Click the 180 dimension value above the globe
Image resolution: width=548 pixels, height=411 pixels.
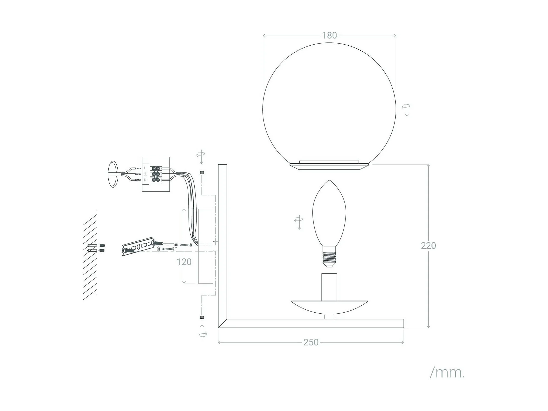[x=329, y=35]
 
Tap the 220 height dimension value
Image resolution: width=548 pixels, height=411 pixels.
[x=428, y=246]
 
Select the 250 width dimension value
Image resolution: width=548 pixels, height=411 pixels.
[x=311, y=342]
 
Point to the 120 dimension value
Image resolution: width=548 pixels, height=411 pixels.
[x=184, y=262]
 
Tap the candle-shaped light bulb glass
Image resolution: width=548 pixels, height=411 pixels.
[x=329, y=213]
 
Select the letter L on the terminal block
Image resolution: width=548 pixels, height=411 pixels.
[x=145, y=168]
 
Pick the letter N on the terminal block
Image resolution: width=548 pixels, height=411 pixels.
[x=145, y=180]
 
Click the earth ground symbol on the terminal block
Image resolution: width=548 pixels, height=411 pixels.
[x=145, y=174]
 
